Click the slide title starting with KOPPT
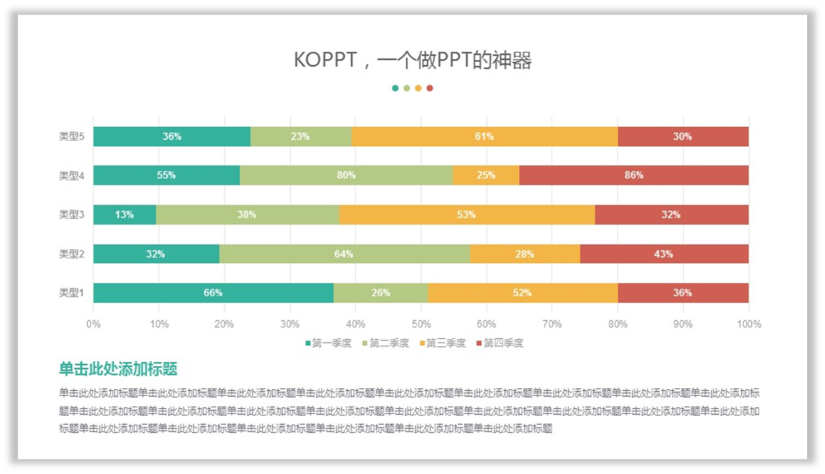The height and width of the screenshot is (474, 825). [412, 61]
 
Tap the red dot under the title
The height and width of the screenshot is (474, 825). [430, 88]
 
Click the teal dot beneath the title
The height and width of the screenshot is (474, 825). [395, 88]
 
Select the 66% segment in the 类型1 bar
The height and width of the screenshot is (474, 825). [213, 293]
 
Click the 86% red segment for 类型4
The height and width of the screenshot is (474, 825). [633, 175]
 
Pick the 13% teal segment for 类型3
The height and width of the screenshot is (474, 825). [124, 214]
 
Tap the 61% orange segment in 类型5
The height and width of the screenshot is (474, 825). [484, 136]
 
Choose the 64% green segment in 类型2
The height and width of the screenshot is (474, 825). [344, 254]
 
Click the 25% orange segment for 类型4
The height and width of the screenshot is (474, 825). [486, 175]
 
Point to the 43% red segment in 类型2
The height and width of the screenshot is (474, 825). [663, 254]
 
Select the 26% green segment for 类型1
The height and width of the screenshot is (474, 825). [381, 293]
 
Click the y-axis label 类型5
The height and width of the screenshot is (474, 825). [72, 136]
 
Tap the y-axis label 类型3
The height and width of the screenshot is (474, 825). [72, 214]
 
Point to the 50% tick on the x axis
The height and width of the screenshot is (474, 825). [421, 324]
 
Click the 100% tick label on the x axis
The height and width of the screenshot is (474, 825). [749, 324]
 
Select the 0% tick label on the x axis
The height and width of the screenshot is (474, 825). [93, 324]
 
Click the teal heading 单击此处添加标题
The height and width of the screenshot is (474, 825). [118, 369]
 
